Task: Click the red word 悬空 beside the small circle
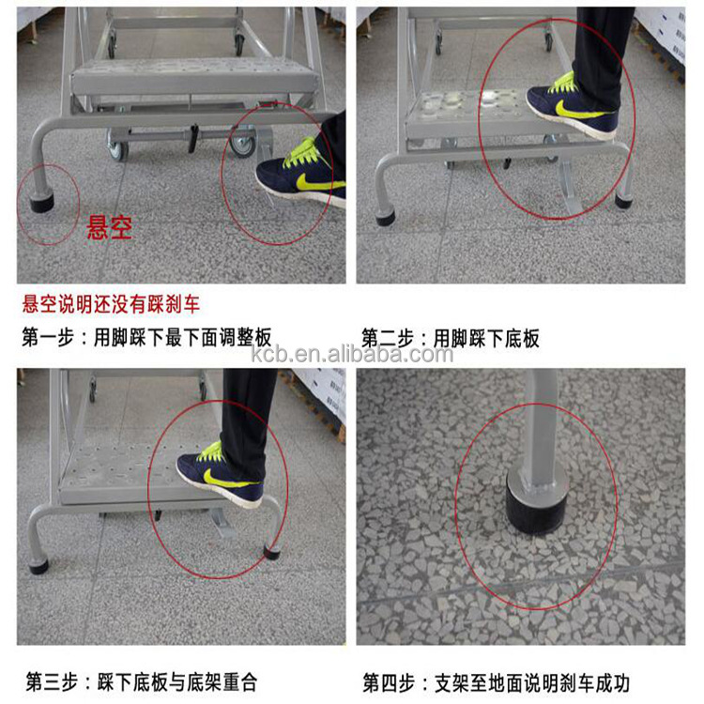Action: tap(109, 228)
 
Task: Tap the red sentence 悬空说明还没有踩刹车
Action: tap(111, 304)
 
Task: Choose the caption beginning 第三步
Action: tap(141, 681)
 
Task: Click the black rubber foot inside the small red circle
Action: tap(42, 198)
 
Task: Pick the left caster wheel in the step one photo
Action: tap(117, 144)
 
